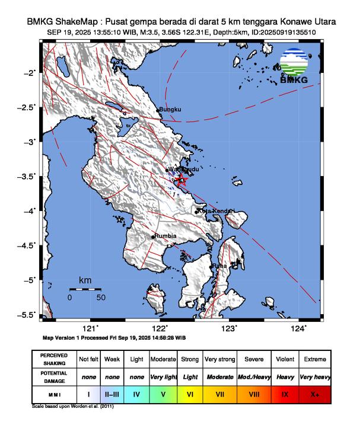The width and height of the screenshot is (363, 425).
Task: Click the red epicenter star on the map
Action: (181, 181)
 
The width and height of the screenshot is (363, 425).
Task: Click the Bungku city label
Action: (170, 110)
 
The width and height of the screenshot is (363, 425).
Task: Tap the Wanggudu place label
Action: (184, 170)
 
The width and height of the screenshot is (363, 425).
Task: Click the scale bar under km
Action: (85, 289)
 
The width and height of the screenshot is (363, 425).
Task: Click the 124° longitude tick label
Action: (300, 329)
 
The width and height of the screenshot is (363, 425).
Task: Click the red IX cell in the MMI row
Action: (285, 393)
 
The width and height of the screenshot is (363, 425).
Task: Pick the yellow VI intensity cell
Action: (190, 393)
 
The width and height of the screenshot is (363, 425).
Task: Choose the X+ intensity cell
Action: (314, 393)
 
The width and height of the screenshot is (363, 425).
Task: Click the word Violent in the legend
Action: (285, 359)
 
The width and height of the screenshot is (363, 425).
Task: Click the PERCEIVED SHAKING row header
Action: (54, 359)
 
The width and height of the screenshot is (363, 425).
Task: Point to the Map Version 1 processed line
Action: (114, 337)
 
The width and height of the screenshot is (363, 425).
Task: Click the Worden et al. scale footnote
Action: (73, 407)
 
